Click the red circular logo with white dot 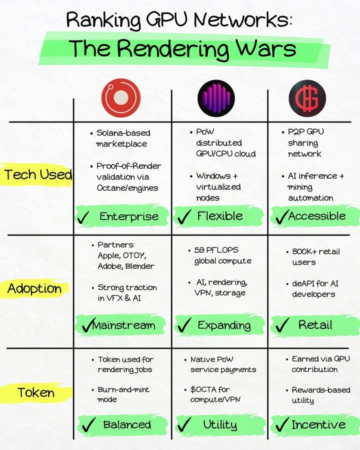click(x=121, y=98)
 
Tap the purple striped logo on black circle click(x=216, y=98)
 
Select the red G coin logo click(x=307, y=98)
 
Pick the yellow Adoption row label click(x=34, y=288)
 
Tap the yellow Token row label click(x=36, y=392)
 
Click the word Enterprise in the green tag click(x=129, y=216)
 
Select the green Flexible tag click(x=218, y=216)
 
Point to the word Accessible click(x=317, y=216)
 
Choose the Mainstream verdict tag click(x=120, y=325)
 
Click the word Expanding click(x=224, y=325)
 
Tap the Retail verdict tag click(x=315, y=325)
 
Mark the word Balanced click(x=127, y=424)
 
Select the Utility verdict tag click(x=220, y=424)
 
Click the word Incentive click(x=318, y=424)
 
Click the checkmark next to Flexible click(x=184, y=216)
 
